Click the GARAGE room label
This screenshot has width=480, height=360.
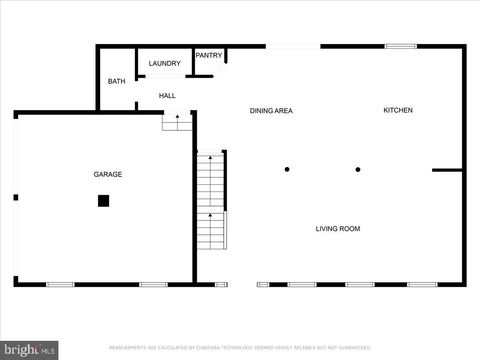tap(108, 174)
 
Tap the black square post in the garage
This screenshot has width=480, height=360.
tap(104, 201)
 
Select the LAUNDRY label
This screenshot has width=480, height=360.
tap(164, 63)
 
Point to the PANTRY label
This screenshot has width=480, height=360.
tap(209, 56)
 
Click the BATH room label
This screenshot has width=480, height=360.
tap(116, 81)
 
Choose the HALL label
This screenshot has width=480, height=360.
tap(167, 96)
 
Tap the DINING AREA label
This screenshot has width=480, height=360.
tap(271, 111)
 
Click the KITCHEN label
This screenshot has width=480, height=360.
tap(398, 110)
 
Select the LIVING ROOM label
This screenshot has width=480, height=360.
tap(338, 229)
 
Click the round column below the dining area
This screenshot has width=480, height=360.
tap(287, 169)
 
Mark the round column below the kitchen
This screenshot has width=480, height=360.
tap(358, 169)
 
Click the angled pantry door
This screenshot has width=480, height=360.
tap(219, 69)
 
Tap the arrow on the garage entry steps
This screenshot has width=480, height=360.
tap(177, 117)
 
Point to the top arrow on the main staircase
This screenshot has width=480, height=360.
tap(210, 158)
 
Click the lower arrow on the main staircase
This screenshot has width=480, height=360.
tap(210, 215)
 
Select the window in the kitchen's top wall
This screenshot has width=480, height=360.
tap(400, 46)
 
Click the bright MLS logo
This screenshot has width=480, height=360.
tap(29, 350)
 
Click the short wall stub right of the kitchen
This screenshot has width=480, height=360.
tap(447, 170)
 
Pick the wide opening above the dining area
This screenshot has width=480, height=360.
tap(293, 46)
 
